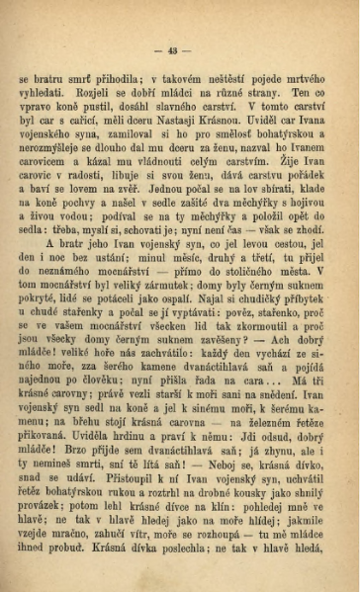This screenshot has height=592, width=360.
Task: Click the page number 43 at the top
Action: point(179,51)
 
